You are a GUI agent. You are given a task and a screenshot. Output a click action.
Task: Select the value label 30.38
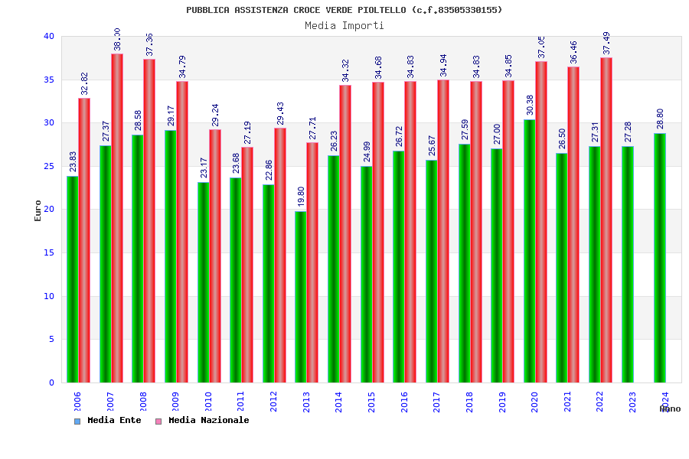pyautogui.click(x=530, y=106)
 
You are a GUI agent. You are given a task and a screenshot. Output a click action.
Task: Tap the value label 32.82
pyautogui.click(x=84, y=84)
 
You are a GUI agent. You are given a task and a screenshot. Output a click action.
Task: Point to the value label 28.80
pyautogui.click(x=660, y=119)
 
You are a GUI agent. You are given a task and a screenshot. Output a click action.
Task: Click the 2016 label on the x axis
pyautogui.click(x=404, y=402)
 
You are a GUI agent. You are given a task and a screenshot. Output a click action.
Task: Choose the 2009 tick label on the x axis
pyautogui.click(x=175, y=402)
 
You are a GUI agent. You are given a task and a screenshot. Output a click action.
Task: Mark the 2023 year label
pyautogui.click(x=632, y=402)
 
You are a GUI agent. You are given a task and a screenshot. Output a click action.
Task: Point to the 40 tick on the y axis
pyautogui.click(x=49, y=37)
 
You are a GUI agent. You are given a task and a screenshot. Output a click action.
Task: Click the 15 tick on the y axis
pyautogui.click(x=49, y=253)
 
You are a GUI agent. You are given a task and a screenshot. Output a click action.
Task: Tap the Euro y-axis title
pyautogui.click(x=38, y=210)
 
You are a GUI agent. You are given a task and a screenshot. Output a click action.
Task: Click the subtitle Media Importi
pyautogui.click(x=344, y=25)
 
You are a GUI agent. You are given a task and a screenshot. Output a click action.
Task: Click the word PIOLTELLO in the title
pyautogui.click(x=382, y=10)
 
